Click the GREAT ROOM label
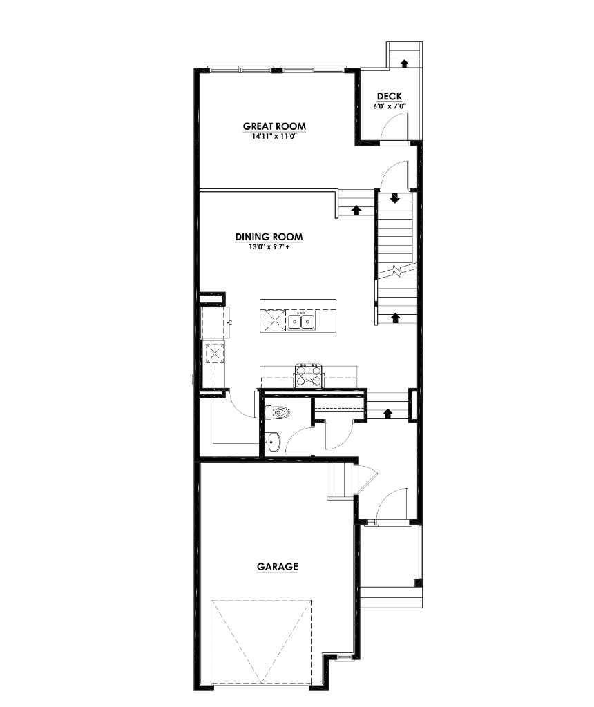coord(274,126)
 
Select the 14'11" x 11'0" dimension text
coord(274,136)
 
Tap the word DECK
coord(389,97)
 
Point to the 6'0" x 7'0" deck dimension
coord(389,106)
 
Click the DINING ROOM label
coord(269,237)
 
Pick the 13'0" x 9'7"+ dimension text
coord(269,246)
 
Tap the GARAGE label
coord(277,567)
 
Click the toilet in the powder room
coord(278,414)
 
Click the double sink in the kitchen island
coord(302,321)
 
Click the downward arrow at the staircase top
coord(395,199)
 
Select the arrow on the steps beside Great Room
coord(356,209)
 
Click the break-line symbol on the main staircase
coord(396,270)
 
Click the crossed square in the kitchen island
coord(273,321)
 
